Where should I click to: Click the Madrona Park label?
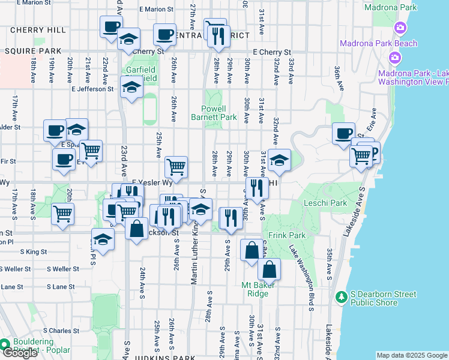pos(391,7)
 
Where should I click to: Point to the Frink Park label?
pos(283,235)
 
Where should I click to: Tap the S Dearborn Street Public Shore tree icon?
pos(341,296)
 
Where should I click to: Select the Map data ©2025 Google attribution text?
pos(411,355)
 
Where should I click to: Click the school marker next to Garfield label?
pos(128,39)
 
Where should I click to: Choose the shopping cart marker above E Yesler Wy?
pos(176,166)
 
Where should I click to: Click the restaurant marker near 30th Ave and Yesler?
pos(256,187)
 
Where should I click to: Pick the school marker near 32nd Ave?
pos(279,160)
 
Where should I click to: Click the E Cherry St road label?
pos(271,52)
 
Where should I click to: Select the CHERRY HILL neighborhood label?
pos(38,30)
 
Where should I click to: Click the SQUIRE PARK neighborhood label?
pos(25,51)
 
